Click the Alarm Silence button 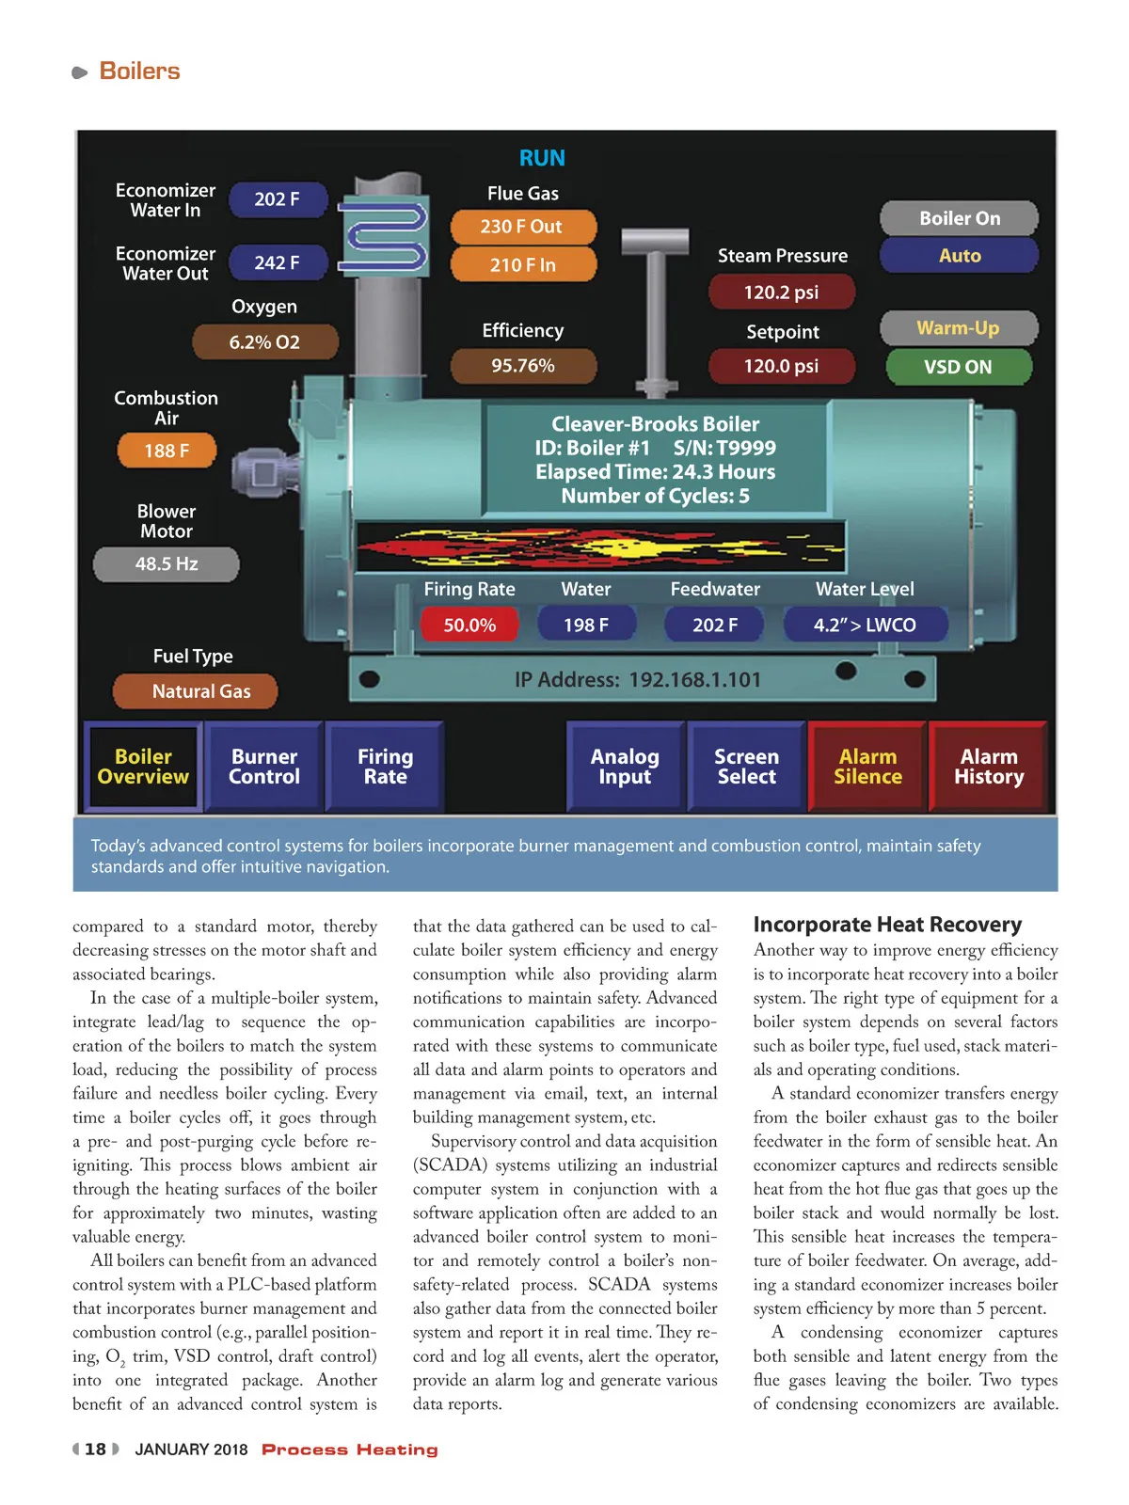coord(867,767)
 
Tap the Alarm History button coord(988,767)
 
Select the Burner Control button coord(264,767)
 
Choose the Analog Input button coord(625,767)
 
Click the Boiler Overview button coord(143,767)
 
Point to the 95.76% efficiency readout coord(523,366)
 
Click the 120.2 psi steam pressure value coord(781,293)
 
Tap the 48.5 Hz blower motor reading coord(167,564)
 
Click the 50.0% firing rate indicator coord(469,625)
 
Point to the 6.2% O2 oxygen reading coord(264,342)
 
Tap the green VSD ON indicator coord(958,367)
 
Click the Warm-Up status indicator coord(958,328)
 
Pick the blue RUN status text coord(542,158)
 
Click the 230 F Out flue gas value coord(522,227)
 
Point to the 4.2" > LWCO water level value coord(865,625)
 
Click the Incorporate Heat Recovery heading coord(887,925)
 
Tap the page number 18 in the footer coord(95,1450)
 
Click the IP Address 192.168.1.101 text coord(638,680)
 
